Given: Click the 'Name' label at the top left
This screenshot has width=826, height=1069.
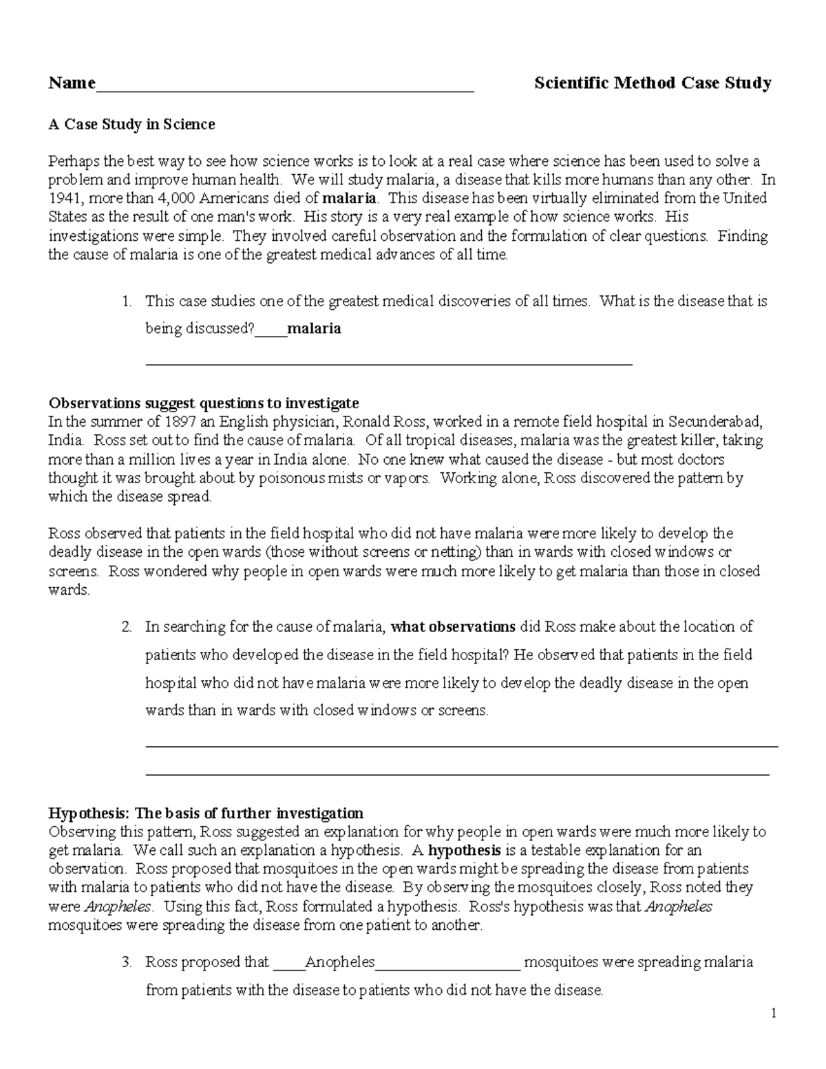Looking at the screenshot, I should [x=72, y=84].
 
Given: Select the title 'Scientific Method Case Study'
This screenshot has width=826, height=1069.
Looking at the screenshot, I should [x=653, y=84].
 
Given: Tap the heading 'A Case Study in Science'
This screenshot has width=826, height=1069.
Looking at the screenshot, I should [x=131, y=125].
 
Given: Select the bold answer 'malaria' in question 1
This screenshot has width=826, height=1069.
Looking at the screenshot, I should [x=314, y=329].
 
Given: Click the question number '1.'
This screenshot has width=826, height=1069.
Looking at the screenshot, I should [x=126, y=301].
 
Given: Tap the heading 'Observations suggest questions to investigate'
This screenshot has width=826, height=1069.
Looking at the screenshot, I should [x=203, y=403].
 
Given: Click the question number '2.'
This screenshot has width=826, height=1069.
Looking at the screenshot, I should [x=126, y=627].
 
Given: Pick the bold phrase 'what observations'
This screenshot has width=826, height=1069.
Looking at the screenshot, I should [x=453, y=627].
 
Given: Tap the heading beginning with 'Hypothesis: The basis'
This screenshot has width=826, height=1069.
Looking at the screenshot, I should [x=205, y=813].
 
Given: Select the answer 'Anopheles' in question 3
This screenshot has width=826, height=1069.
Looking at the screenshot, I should [x=339, y=962].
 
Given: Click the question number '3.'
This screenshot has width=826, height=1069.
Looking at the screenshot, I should [x=126, y=962].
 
